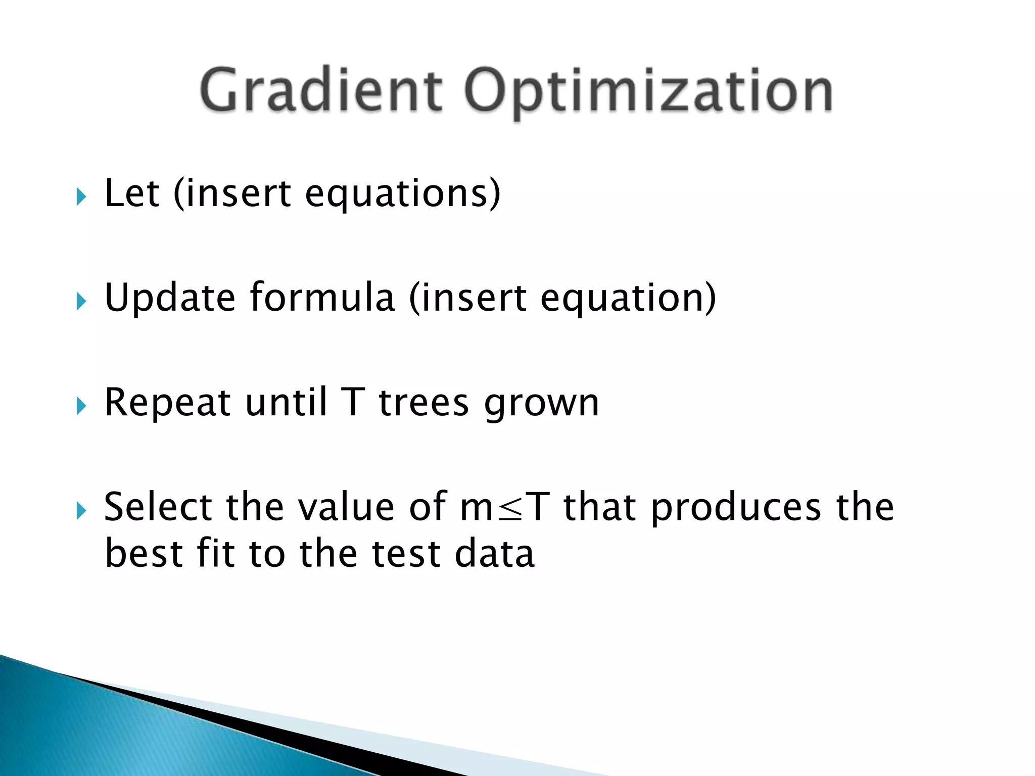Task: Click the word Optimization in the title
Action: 648,91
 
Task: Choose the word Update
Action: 170,298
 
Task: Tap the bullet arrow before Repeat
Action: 81,406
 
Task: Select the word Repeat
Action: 167,403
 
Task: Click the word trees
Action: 424,403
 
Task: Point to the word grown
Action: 541,404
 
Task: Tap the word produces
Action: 736,508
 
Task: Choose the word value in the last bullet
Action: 346,507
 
